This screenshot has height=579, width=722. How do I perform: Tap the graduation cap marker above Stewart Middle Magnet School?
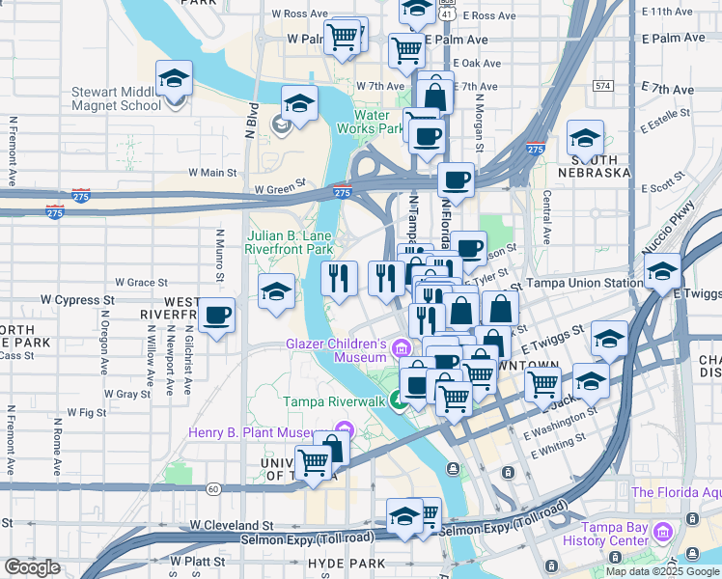[x=174, y=79]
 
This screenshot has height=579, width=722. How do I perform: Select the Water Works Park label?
[x=377, y=122]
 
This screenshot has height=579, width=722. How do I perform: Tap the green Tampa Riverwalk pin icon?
[x=399, y=401]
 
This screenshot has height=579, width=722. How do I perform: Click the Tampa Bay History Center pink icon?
[x=663, y=533]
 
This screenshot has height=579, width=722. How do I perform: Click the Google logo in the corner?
[x=32, y=567]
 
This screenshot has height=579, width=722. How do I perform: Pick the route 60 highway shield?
[x=212, y=489]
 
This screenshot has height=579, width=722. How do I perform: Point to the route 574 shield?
[x=603, y=86]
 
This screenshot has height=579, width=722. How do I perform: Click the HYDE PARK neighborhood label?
[x=339, y=562]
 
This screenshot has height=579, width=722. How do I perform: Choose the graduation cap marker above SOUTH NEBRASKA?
[x=585, y=137]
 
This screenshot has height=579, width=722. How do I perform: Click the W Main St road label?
[x=212, y=173]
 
